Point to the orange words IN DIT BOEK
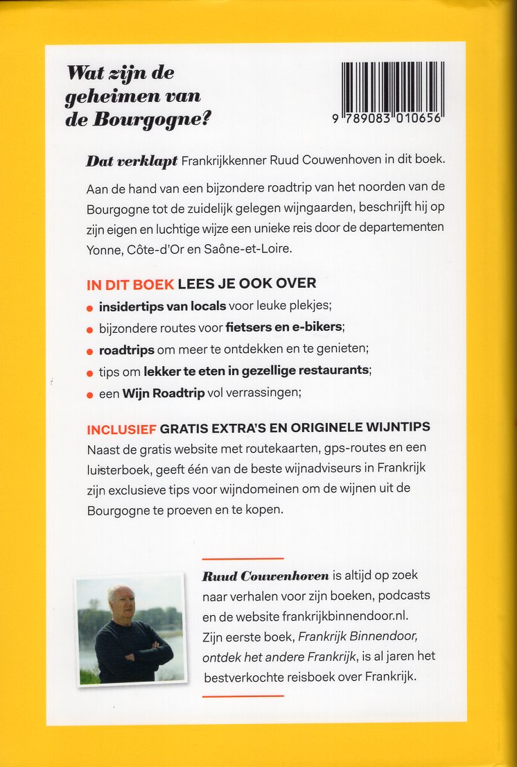(130, 283)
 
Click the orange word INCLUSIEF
(125, 427)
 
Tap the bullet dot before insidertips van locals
(89, 307)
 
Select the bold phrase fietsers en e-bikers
(285, 327)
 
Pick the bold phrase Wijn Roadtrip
(163, 393)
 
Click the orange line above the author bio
(243, 557)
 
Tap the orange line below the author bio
(243, 696)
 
